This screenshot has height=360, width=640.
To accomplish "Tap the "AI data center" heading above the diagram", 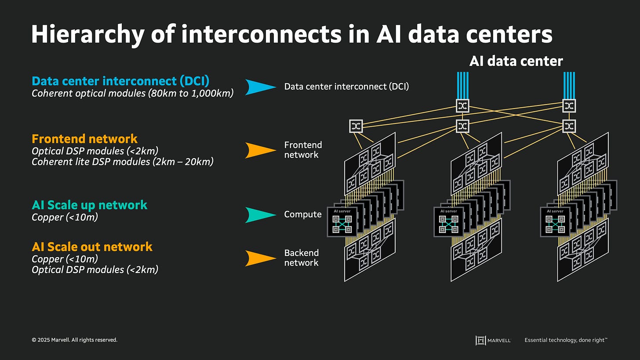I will pos(516,61).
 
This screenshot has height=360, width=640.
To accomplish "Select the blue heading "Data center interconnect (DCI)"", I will pos(120,81).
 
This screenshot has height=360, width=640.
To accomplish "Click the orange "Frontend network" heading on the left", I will pos(84,139).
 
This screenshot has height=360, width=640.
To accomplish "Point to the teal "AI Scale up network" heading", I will pos(89,205).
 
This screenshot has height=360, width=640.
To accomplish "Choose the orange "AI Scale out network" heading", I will pos(92,247).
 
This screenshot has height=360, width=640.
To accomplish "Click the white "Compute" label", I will pos(303,215).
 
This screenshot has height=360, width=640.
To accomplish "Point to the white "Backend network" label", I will pos(301,258).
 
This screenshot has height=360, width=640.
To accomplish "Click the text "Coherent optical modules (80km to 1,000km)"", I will pos(132,93).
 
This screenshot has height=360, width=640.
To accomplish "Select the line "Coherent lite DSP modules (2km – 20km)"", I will pos(122,162).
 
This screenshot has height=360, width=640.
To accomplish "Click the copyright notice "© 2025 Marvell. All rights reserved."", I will pos(74,340).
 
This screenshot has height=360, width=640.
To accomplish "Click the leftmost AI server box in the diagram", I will pos(342,222).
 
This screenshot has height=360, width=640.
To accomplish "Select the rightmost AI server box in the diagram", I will pos(555,222).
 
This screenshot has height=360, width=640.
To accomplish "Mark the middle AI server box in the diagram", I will pos(448,222).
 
